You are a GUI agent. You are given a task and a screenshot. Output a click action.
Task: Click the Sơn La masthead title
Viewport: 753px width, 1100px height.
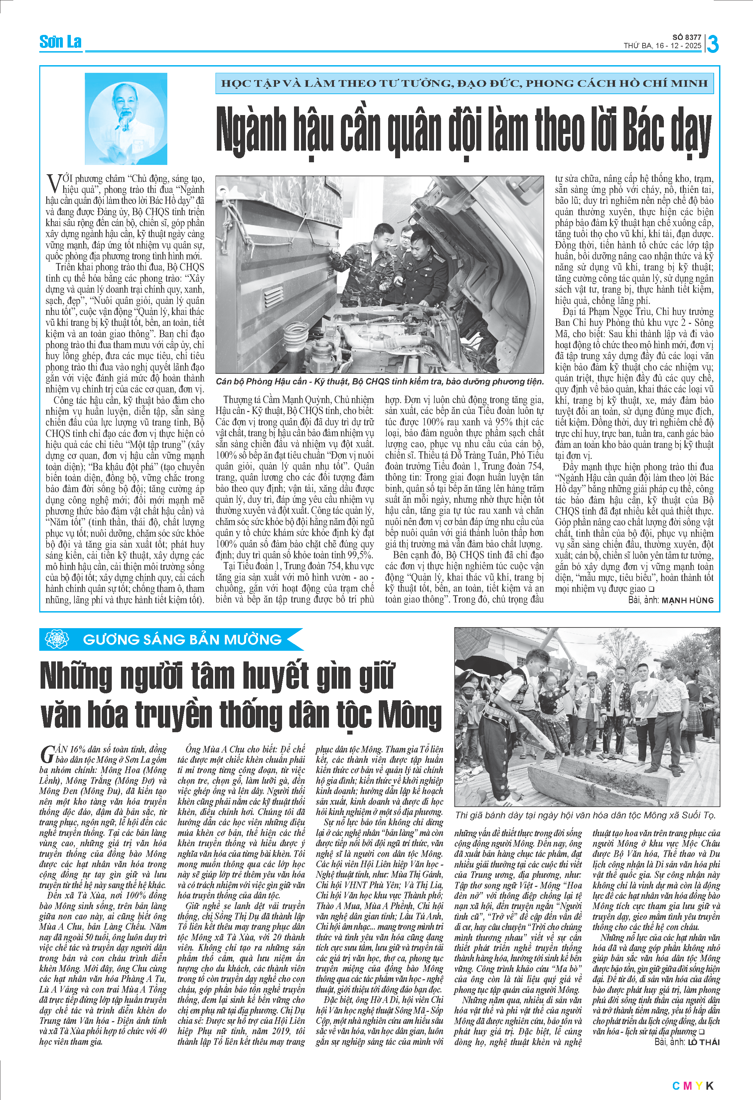click(60, 42)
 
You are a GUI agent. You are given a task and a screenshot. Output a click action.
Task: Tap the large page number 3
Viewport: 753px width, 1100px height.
click(713, 44)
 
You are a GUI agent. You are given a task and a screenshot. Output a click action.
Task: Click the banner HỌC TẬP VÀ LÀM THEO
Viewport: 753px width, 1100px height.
click(464, 84)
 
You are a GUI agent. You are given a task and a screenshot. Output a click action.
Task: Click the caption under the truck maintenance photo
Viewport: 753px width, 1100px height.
click(379, 381)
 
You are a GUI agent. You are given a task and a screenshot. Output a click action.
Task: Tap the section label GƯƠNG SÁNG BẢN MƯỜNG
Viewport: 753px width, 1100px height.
click(182, 639)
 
